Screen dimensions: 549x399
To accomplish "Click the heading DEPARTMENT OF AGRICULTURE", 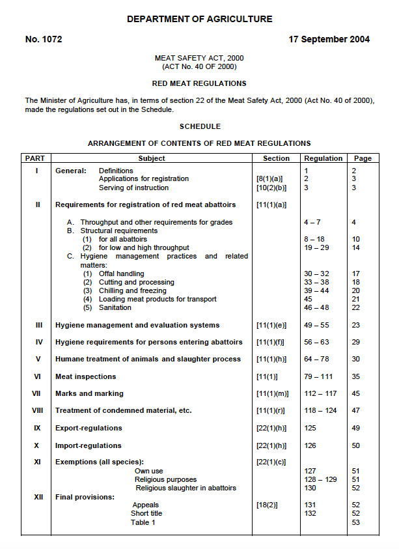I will (199, 20).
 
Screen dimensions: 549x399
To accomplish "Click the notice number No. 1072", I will (44, 39).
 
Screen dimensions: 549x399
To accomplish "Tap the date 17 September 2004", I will (329, 39).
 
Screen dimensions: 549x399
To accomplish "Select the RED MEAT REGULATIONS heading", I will (199, 83).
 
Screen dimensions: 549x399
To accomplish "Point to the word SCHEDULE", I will (200, 126).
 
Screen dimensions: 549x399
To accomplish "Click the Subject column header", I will (152, 158).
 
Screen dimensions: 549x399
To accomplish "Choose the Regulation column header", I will (323, 158).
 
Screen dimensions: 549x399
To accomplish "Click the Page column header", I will (363, 158).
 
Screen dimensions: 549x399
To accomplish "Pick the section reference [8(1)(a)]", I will (270, 179).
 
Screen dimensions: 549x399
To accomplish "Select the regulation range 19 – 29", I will (316, 248).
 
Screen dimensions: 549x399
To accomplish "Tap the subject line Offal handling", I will (121, 274).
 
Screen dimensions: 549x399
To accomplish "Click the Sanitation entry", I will (115, 308).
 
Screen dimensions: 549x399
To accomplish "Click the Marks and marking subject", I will (89, 394).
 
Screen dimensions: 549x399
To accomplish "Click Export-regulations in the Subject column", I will (89, 429).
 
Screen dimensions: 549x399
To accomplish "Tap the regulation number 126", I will (311, 446).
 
